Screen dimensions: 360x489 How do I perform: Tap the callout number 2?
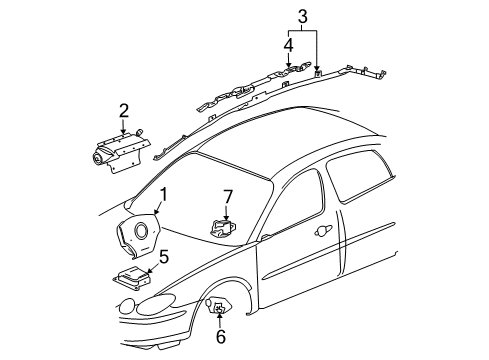[x=123, y=109]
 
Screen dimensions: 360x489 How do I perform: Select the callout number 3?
[x=301, y=16]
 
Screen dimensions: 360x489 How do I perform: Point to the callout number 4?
[x=289, y=44]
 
